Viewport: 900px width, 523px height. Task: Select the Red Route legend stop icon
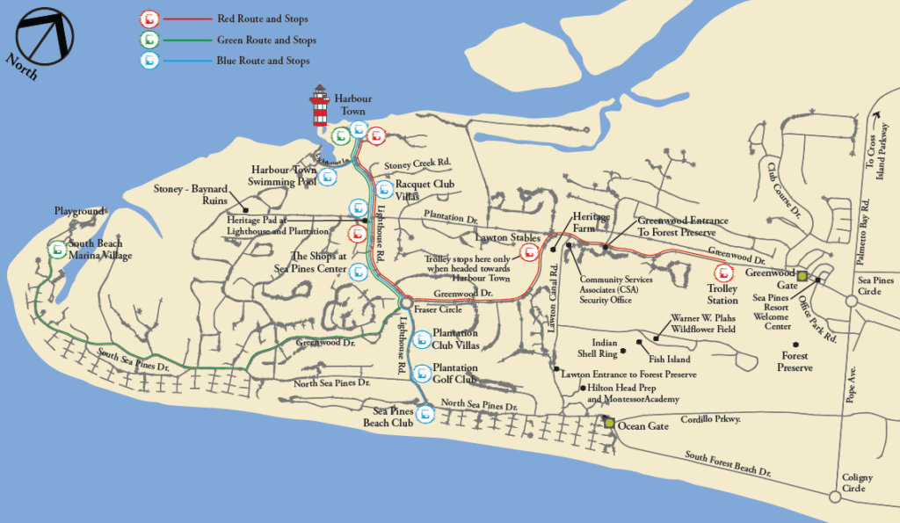pos(149,18)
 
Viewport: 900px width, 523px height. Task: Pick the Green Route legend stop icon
pos(149,40)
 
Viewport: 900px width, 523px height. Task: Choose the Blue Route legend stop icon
pos(149,61)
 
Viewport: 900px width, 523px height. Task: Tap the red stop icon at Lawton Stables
pos(530,253)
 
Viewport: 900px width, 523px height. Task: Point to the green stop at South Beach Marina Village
pos(58,250)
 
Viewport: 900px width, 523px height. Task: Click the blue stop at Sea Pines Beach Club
pos(425,412)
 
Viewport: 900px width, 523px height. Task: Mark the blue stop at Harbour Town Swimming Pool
pos(328,177)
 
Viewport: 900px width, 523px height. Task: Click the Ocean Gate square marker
pos(609,424)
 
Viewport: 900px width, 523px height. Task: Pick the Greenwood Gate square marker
pos(801,276)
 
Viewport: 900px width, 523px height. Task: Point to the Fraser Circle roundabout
pos(404,302)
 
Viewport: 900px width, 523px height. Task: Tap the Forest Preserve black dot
pos(795,345)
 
